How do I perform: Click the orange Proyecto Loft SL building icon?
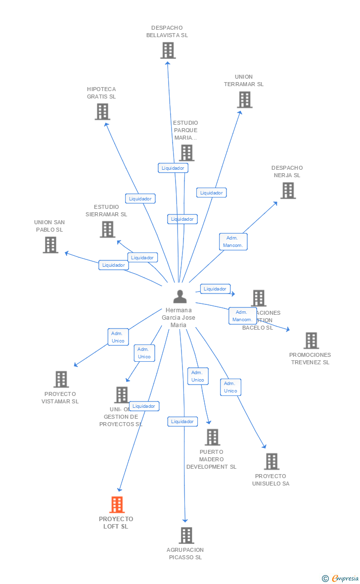click(x=117, y=504)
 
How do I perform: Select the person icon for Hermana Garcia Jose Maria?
click(x=180, y=296)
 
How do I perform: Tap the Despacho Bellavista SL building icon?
click(x=168, y=50)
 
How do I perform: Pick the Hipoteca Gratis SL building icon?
click(x=102, y=111)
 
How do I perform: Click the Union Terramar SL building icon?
click(x=244, y=99)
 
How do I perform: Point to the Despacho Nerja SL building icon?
click(x=288, y=191)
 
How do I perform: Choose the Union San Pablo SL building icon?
click(x=50, y=244)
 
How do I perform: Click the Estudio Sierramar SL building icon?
click(x=107, y=229)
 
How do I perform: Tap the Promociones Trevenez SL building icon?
click(x=311, y=341)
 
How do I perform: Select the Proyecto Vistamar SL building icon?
click(x=61, y=379)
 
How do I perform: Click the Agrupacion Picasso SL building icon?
click(x=186, y=535)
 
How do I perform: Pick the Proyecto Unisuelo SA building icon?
click(x=271, y=461)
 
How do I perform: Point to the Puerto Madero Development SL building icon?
click(x=213, y=437)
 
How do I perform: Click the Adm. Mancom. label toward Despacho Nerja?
click(x=232, y=242)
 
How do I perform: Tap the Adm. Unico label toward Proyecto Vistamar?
click(x=118, y=337)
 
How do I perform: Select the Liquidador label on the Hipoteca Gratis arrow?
click(x=140, y=198)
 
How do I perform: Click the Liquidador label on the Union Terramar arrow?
click(x=211, y=193)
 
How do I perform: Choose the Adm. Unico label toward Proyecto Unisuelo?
click(x=230, y=387)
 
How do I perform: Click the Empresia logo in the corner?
click(x=341, y=578)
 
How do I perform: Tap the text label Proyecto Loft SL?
click(x=116, y=523)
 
